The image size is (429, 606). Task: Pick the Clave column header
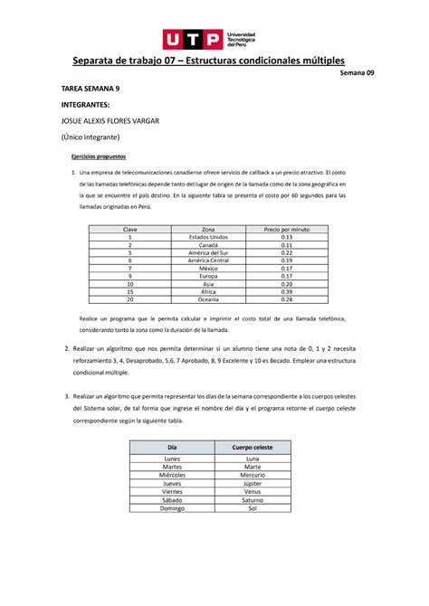tap(130, 230)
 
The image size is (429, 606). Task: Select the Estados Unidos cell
tap(208, 238)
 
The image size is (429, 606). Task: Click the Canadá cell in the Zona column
tap(208, 245)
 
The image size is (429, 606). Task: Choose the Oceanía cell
tap(208, 299)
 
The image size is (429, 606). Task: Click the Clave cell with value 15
tap(130, 291)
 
